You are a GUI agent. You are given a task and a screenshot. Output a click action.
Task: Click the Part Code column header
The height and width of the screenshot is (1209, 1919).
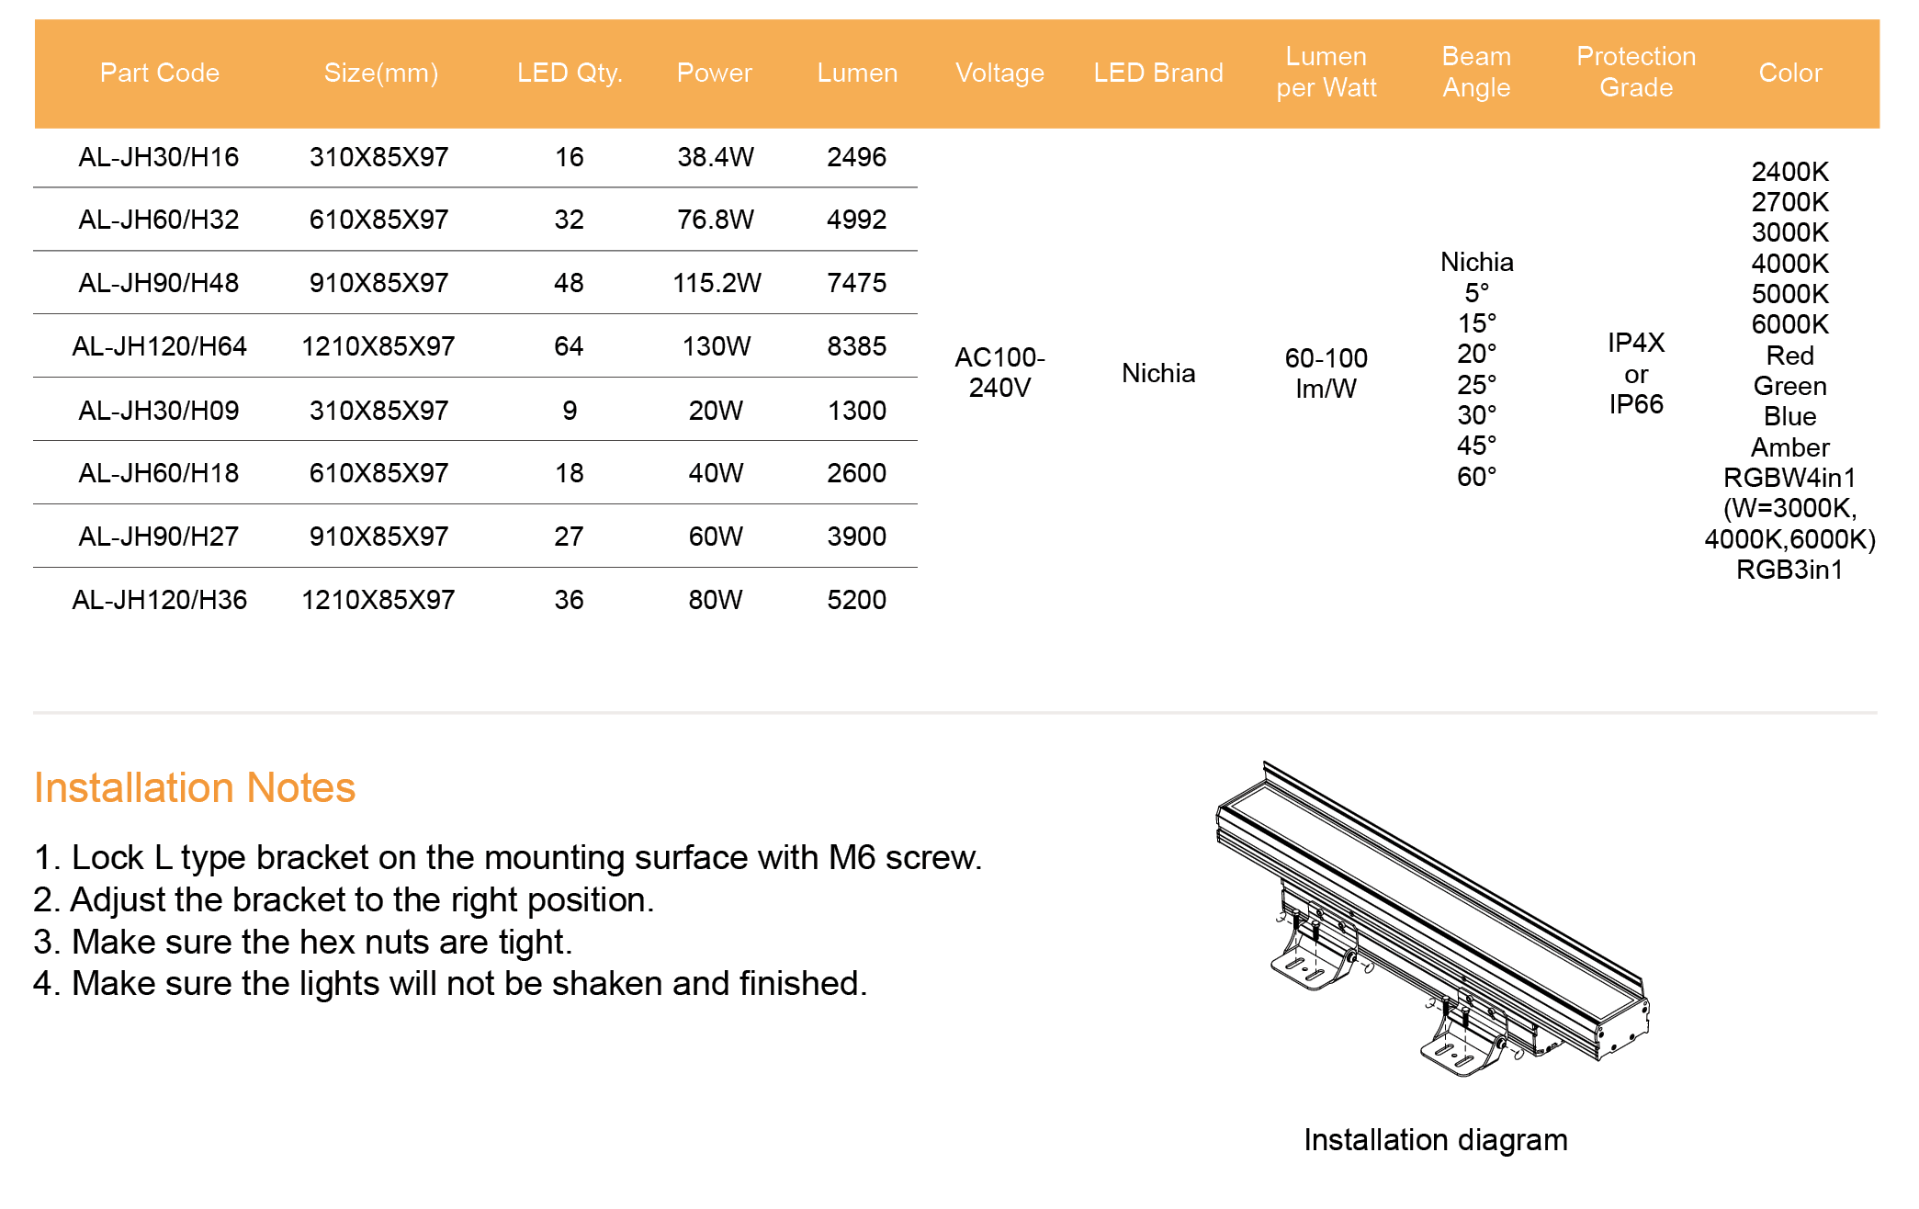tap(160, 73)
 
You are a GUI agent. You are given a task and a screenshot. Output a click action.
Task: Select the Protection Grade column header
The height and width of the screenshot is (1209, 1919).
tap(1636, 72)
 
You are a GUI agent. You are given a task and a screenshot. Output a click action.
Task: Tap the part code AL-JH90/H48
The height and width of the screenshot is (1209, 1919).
tap(159, 283)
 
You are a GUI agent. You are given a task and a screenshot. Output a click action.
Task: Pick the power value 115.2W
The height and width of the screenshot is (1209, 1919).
tap(717, 283)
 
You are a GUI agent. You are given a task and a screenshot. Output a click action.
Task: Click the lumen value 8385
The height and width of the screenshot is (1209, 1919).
tap(856, 346)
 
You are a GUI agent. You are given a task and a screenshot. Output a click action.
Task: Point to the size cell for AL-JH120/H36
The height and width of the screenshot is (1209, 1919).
tap(378, 600)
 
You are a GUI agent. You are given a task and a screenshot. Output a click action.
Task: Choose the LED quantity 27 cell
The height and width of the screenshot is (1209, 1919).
tap(569, 537)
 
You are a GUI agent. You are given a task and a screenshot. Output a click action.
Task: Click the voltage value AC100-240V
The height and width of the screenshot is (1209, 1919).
tap(999, 372)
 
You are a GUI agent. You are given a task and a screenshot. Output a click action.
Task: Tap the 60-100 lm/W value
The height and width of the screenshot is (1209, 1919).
tap(1326, 373)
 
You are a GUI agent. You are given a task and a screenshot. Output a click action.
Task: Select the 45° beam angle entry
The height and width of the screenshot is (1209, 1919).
tap(1476, 446)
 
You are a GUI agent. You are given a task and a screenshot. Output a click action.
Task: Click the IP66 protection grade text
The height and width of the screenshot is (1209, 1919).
tap(1636, 404)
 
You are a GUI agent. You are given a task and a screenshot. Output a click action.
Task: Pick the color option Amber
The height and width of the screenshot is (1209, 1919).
tap(1789, 447)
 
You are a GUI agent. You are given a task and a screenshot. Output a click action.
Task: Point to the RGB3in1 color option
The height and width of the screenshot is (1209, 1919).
tap(1789, 570)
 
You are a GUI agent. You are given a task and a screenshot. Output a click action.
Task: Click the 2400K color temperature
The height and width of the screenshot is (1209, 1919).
tap(1789, 172)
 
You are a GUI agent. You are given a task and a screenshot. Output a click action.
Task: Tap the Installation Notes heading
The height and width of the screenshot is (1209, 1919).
tap(195, 787)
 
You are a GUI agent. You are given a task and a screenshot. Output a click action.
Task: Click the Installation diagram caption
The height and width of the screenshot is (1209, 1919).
tap(1436, 1140)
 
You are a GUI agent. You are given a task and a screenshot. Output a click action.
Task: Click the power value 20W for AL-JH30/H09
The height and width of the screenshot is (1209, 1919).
tap(716, 411)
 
